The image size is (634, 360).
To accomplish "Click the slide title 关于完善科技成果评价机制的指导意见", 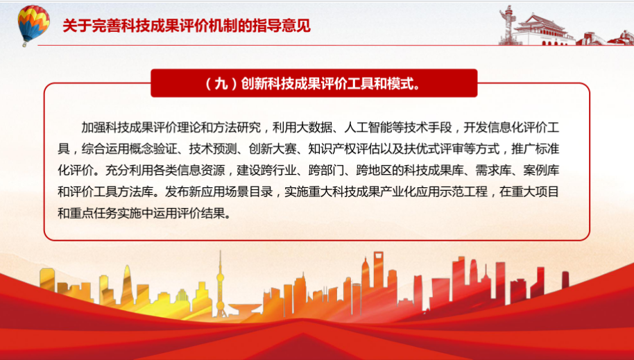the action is [187, 26].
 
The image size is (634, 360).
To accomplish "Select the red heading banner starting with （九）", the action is [314, 83].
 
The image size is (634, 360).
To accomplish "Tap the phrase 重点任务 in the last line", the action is [94, 213].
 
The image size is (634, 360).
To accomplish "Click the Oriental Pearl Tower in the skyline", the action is [221, 283].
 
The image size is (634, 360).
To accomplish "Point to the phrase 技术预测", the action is [213, 149].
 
